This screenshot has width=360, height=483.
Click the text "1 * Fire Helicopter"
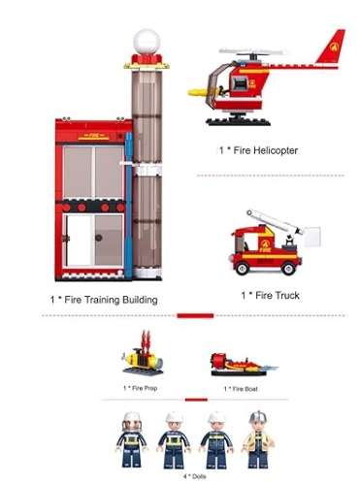click(257, 150)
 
